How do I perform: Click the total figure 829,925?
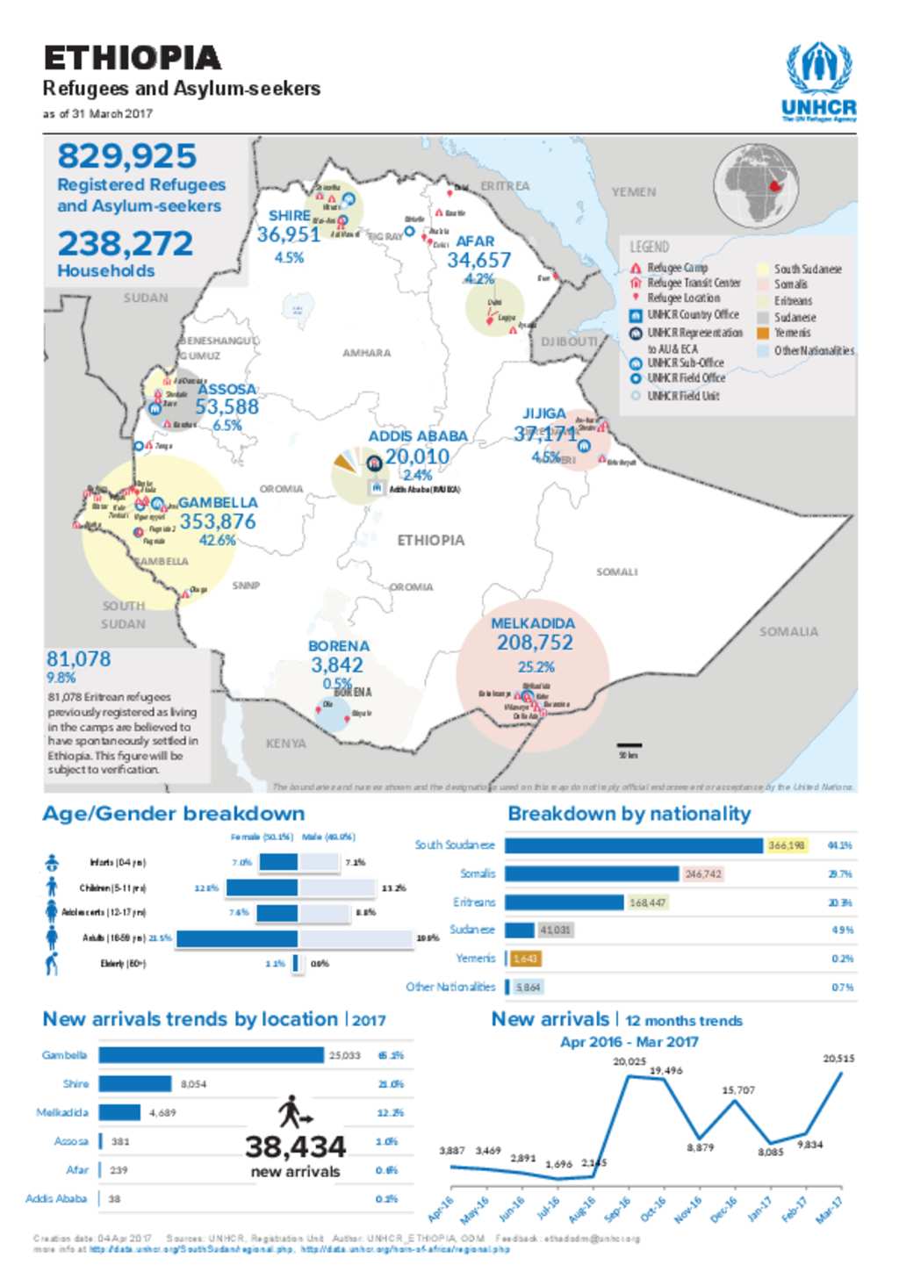tap(127, 156)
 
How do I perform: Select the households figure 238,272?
tap(125, 243)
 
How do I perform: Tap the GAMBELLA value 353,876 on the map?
tap(218, 521)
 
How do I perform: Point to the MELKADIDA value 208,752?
tap(535, 643)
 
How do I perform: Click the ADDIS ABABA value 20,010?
tap(417, 456)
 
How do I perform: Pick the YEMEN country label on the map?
tap(634, 191)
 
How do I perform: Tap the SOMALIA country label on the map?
tap(788, 631)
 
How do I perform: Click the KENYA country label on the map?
tap(286, 744)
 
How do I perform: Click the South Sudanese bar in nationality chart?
tap(633, 845)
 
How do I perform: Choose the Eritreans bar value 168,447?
tap(647, 902)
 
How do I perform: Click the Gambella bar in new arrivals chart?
tap(211, 1055)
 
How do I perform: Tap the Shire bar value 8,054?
tap(193, 1084)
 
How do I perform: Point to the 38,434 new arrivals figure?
tap(295, 1146)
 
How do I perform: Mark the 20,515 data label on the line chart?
tap(838, 1059)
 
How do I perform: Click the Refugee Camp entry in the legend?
tap(676, 268)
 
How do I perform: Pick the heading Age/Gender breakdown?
tap(174, 814)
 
